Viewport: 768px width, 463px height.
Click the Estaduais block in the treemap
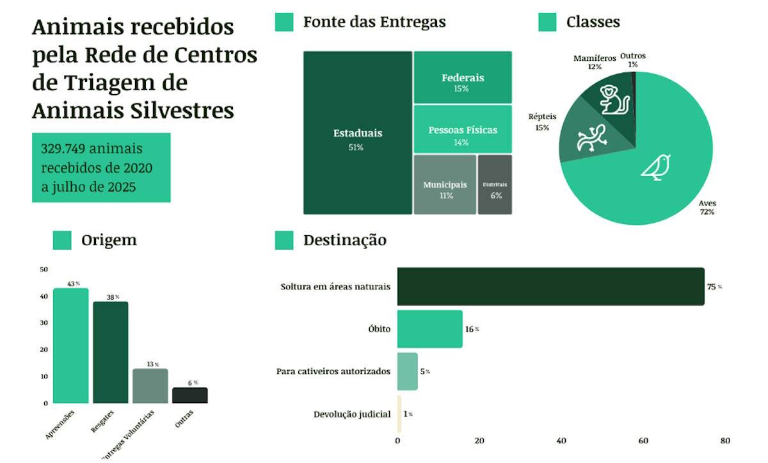[357, 133]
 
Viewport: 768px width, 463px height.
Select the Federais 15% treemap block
[463, 77]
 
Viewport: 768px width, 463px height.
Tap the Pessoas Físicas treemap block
[463, 129]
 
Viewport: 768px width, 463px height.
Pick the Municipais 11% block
[445, 184]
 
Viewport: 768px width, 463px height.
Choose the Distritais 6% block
[495, 184]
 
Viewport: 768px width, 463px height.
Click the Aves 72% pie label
[707, 207]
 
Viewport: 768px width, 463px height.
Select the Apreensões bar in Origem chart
[70, 346]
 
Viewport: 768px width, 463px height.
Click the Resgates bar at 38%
[110, 352]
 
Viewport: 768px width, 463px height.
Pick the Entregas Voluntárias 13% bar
[150, 386]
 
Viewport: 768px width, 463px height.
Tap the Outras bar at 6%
[189, 395]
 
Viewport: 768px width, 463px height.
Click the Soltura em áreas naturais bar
[550, 286]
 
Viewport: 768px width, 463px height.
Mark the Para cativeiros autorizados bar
[407, 371]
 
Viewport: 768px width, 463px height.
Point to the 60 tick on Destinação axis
[643, 441]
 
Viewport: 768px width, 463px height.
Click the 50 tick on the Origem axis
[44, 270]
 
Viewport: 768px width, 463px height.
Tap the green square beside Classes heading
[547, 22]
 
